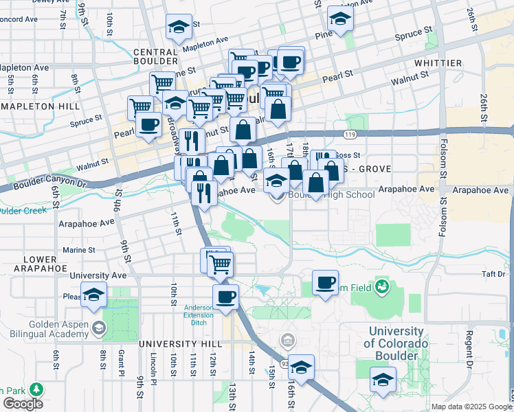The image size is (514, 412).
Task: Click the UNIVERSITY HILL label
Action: click(180, 343)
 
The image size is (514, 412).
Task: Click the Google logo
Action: click(23, 403)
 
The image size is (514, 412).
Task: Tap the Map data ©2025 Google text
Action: click(471, 407)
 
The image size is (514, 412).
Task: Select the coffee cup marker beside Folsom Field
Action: click(325, 282)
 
